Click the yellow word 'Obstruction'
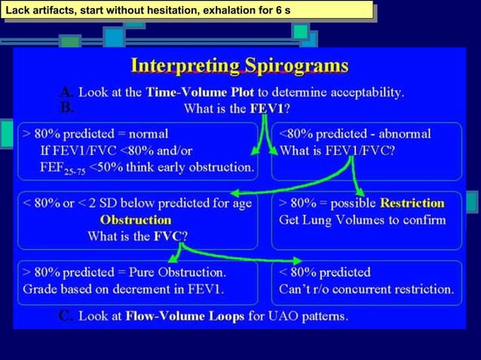pyautogui.click(x=136, y=221)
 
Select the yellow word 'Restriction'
pyautogui.click(x=412, y=203)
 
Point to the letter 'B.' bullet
pyautogui.click(x=67, y=108)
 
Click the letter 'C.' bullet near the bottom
pyautogui.click(x=66, y=316)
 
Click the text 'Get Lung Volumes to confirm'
pyautogui.click(x=362, y=221)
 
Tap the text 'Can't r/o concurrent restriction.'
pyautogui.click(x=366, y=288)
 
